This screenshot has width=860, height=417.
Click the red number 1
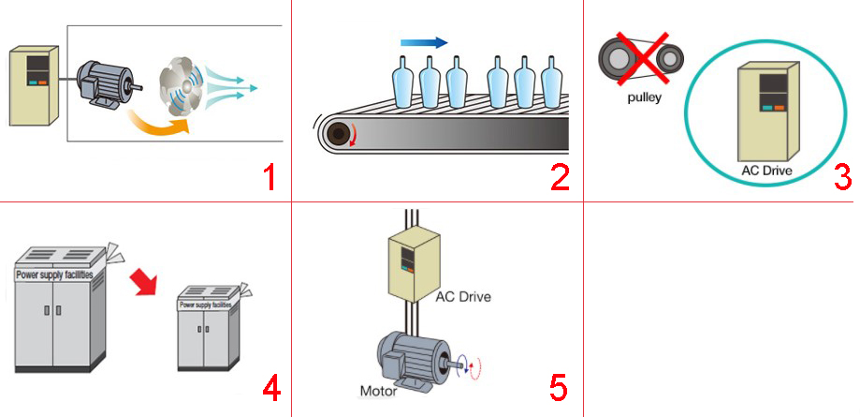click(x=270, y=177)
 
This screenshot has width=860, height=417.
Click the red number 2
click(x=560, y=177)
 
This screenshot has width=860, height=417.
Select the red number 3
click(x=841, y=177)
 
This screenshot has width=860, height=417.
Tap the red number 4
click(x=271, y=387)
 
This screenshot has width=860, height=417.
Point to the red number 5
click(x=558, y=387)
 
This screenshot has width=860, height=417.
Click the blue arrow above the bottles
click(x=424, y=42)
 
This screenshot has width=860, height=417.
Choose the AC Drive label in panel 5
click(x=462, y=297)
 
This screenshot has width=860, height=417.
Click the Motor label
click(x=379, y=390)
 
